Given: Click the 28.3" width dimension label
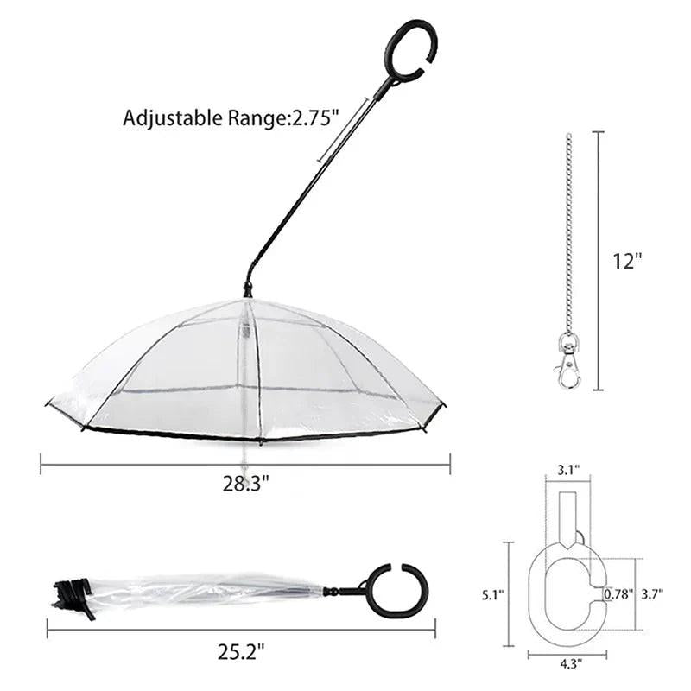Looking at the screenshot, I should (245, 483).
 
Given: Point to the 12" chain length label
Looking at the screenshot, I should (629, 260).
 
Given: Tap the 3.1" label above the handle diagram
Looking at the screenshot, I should (567, 469).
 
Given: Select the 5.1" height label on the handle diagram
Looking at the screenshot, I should (491, 594).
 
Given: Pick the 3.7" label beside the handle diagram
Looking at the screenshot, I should (651, 594).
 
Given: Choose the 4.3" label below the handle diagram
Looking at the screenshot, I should (567, 663).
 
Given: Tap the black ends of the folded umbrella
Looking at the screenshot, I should (73, 596).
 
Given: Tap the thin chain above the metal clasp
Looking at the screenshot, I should (567, 233).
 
